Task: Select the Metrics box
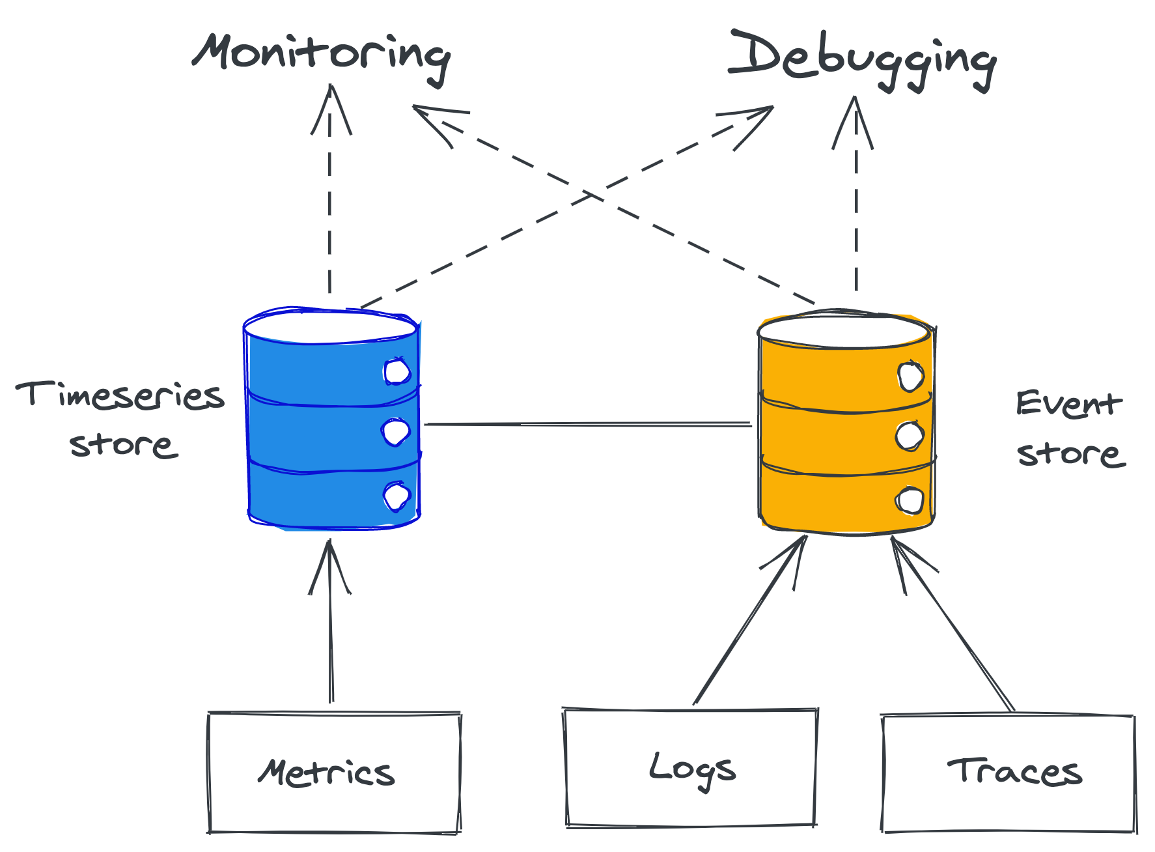pos(334,773)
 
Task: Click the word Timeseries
pos(120,395)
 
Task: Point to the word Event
pos(1068,404)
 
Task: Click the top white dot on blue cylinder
pos(397,372)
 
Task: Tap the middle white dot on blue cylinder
pos(396,432)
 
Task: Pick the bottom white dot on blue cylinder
pos(397,496)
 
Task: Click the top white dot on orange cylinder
pos(910,376)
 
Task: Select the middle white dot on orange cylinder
pos(910,436)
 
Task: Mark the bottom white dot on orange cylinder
pos(910,501)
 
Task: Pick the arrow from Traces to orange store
pos(954,625)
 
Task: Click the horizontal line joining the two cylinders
pos(586,424)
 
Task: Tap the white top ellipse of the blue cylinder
pos(331,327)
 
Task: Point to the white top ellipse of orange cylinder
pos(844,331)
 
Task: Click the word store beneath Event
pos(1070,453)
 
